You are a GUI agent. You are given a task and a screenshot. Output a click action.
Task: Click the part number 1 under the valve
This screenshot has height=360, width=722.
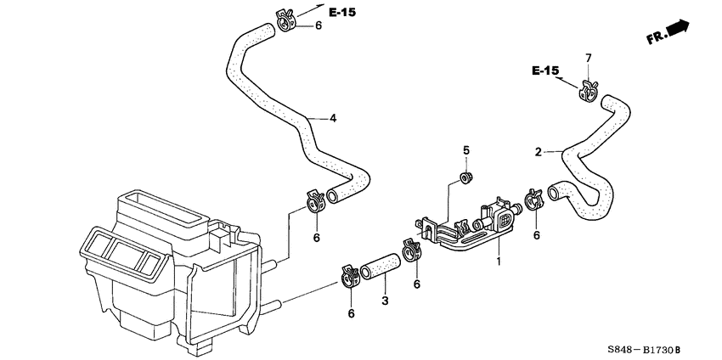point(499,262)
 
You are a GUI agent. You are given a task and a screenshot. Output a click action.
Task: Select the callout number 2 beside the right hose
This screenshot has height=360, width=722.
point(538,153)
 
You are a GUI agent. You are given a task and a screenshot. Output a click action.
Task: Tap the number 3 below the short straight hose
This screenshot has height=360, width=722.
point(384,301)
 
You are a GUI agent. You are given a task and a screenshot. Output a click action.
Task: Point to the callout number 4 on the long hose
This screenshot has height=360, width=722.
point(333,118)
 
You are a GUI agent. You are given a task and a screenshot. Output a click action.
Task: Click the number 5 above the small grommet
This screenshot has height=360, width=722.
point(465,151)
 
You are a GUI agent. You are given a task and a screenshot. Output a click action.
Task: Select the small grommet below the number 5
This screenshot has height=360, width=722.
point(465,177)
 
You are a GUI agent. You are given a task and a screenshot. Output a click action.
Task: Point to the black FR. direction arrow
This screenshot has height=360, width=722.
point(678,29)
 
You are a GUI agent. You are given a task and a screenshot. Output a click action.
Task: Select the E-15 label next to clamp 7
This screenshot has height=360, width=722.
point(546,70)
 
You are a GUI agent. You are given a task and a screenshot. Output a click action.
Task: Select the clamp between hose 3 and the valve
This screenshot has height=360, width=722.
point(413,250)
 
